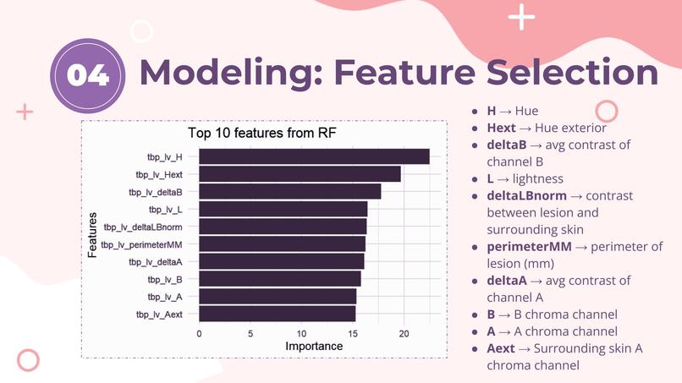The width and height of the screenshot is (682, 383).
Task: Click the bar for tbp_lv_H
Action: coord(314,156)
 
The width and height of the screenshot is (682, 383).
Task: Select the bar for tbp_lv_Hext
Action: coord(300,174)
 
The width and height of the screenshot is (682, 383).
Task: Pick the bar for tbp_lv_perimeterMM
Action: coord(282,244)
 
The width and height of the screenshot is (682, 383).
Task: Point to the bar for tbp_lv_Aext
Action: coord(277,315)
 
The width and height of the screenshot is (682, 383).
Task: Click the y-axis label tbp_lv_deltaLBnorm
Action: coord(142,227)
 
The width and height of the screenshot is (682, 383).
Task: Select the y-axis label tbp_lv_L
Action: coord(165,210)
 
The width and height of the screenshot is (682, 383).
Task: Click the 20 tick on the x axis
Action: coord(404,333)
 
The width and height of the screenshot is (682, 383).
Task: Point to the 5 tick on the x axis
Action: coord(250,333)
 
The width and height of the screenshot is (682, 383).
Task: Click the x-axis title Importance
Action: coord(314,346)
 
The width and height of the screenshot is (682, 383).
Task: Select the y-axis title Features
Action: coord(92,235)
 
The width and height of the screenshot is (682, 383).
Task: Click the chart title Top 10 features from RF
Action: coord(262,134)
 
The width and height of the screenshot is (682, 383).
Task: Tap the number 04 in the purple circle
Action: coord(88,75)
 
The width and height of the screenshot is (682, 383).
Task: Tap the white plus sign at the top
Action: coord(522,16)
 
